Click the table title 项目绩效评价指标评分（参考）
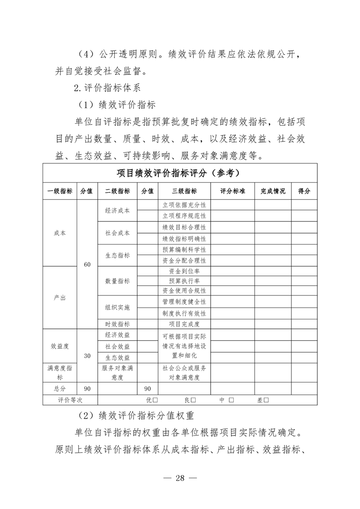(x=180, y=173)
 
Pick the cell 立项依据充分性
(x=184, y=206)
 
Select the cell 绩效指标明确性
(x=184, y=239)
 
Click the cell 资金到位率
(x=184, y=271)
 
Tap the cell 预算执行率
(x=184, y=281)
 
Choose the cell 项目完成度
(x=184, y=324)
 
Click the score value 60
(x=87, y=265)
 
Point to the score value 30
(x=87, y=356)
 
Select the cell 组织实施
(x=118, y=308)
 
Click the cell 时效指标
(x=118, y=324)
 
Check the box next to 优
(x=155, y=400)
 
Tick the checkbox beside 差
(x=266, y=400)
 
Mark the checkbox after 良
(x=193, y=400)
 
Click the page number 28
(x=180, y=478)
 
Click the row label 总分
(x=59, y=389)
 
